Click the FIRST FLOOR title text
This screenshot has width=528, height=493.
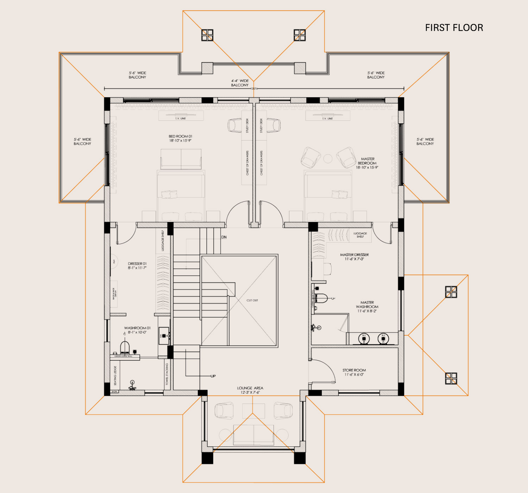point(454,28)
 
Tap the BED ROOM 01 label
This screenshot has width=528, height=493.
point(180,138)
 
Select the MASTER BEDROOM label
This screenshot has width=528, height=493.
point(367,163)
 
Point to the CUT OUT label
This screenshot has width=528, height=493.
point(252,300)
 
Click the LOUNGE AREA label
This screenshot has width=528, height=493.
point(250,390)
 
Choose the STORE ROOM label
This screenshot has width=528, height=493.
point(354,372)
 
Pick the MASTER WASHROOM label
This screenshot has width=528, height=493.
point(367,307)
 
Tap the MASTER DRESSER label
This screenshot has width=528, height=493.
point(354,257)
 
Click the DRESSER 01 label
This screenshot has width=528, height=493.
point(137,266)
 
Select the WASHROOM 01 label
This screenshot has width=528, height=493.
point(137,330)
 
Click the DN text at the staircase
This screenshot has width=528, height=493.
point(224,237)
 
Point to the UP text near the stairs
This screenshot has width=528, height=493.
point(213,376)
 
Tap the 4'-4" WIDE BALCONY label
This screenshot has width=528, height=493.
point(240,83)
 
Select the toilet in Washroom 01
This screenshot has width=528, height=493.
point(125,347)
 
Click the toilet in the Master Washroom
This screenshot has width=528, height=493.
point(321,298)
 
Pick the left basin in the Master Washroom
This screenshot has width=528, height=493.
point(364,339)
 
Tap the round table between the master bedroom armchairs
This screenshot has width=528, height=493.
point(328,159)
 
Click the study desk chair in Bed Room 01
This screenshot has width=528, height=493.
point(234,125)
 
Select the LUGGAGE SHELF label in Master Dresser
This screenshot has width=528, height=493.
point(360,235)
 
